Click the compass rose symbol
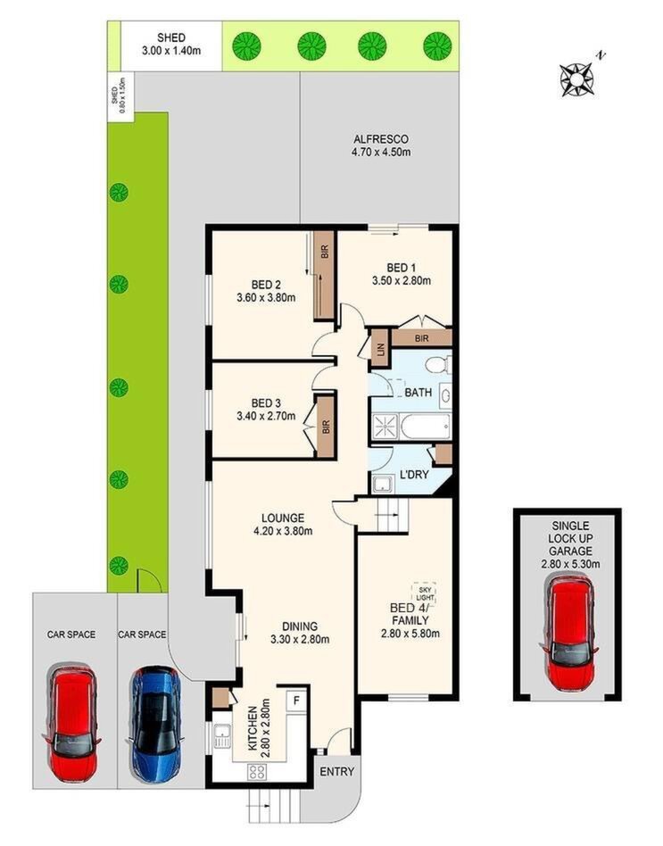pos(576,79)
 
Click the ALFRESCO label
pos(381,139)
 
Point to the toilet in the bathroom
pos(437,365)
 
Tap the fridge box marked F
pos(296,701)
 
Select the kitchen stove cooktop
pos(257,772)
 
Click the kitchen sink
pos(221,736)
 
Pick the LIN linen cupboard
pos(380,349)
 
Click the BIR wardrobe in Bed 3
pos(326,427)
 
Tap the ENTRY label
pos(336,772)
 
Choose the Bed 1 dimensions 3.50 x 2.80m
pos(402,280)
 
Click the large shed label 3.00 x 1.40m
pos(171,51)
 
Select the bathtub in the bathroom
pos(426,427)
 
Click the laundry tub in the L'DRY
pos(383,484)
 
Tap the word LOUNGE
pos(283,518)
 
